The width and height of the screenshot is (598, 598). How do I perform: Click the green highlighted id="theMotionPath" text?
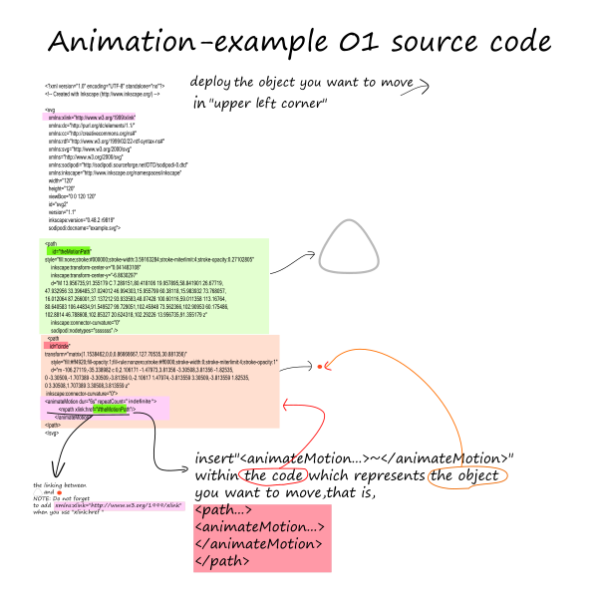tap(71, 251)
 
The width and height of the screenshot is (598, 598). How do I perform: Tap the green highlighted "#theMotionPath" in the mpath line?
tap(112, 409)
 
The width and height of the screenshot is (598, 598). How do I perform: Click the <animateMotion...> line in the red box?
tap(259, 527)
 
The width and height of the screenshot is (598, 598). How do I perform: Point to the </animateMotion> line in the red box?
tap(258, 544)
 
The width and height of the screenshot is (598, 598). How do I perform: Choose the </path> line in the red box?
tap(221, 560)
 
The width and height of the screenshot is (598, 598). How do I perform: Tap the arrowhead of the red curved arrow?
tap(286, 406)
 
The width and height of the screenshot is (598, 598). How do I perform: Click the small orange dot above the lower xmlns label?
tap(60, 492)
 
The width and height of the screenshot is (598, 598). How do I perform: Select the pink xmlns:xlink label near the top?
tap(89, 117)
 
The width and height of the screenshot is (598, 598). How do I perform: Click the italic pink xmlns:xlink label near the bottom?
tap(119, 505)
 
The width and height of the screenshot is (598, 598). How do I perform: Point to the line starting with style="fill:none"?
tap(149, 259)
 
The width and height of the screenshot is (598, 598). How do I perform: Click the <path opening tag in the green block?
tap(51, 243)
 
